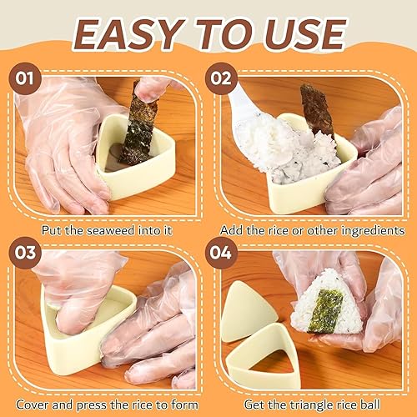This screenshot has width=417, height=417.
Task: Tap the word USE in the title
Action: click(304, 34)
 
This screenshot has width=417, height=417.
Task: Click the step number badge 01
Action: click(25, 78)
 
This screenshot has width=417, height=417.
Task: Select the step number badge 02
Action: click(221, 78)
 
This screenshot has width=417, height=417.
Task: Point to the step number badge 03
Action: click(25, 253)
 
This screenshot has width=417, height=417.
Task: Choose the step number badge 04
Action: click(221, 253)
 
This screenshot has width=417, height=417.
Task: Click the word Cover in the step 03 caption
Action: click(33, 404)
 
